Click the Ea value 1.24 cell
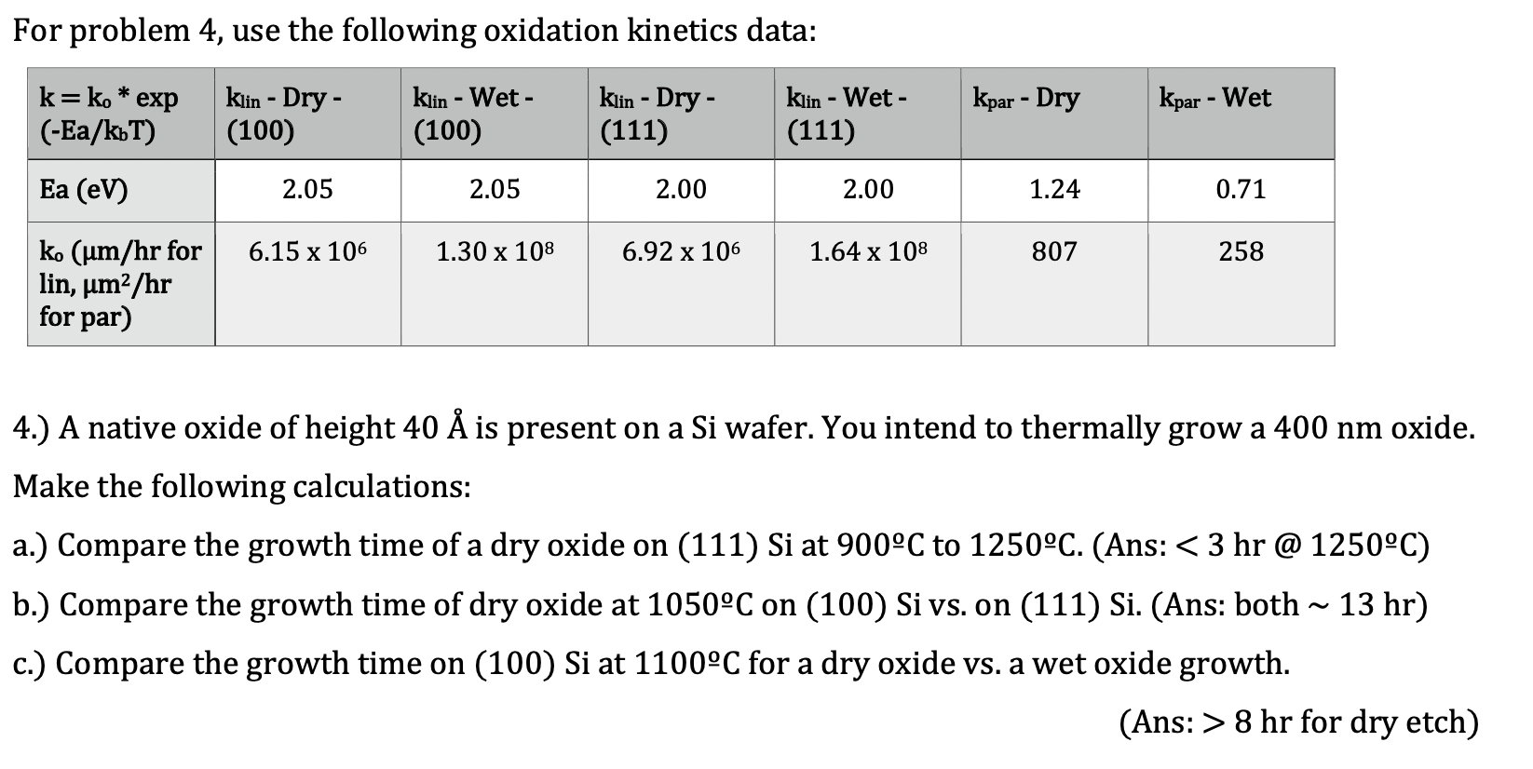point(1054,190)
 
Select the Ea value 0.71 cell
point(1241,190)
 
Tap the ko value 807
point(1054,251)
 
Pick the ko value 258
point(1241,251)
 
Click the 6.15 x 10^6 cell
point(307,251)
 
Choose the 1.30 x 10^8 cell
point(495,251)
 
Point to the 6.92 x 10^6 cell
point(681,251)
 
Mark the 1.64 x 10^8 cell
point(868,251)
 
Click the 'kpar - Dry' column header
point(1025,99)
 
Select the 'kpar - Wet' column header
point(1214,99)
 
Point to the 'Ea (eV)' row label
point(84,190)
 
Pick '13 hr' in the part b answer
point(1375,605)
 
